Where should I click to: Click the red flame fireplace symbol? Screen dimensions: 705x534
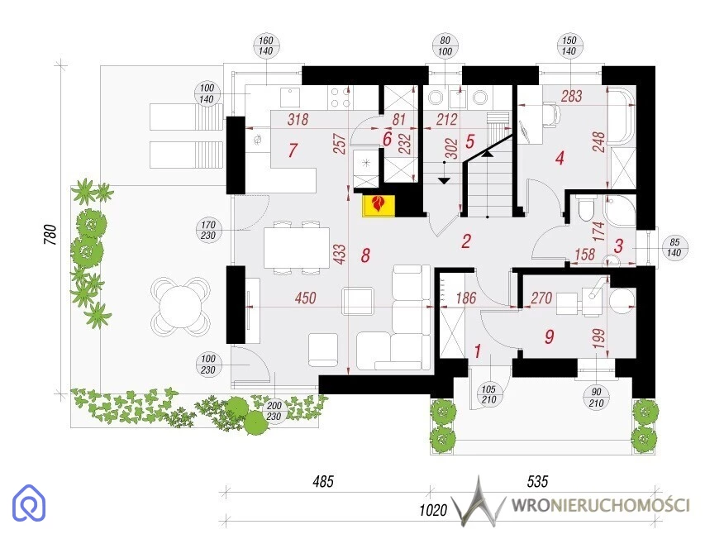[x=379, y=205]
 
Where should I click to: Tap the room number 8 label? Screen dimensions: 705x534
[x=365, y=255]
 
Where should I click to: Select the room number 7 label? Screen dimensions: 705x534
[x=293, y=150]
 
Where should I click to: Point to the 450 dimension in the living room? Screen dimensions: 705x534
[x=305, y=298]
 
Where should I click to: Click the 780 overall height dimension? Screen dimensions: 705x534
[x=50, y=235]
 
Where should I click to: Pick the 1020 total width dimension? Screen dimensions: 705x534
[x=433, y=510]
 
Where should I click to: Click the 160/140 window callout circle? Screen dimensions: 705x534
[x=266, y=46]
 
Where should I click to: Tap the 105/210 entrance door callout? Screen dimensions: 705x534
[x=488, y=394]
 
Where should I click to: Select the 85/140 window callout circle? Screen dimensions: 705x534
[x=674, y=248]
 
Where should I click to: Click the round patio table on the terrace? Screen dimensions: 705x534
[x=179, y=307]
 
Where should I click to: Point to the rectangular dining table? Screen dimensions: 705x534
[x=297, y=248]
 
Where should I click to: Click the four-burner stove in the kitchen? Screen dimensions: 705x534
[x=340, y=98]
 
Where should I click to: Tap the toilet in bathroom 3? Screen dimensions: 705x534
[x=586, y=208]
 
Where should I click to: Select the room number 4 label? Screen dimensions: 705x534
[x=560, y=158]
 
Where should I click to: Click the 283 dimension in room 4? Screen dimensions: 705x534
[x=571, y=96]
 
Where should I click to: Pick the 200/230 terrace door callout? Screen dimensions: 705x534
[x=274, y=411]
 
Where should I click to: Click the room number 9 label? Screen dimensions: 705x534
[x=549, y=336]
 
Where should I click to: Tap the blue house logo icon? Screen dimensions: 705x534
[x=29, y=503]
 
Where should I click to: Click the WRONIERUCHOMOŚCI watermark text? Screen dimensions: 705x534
[x=600, y=505]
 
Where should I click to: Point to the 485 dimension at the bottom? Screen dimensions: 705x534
[x=323, y=482]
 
